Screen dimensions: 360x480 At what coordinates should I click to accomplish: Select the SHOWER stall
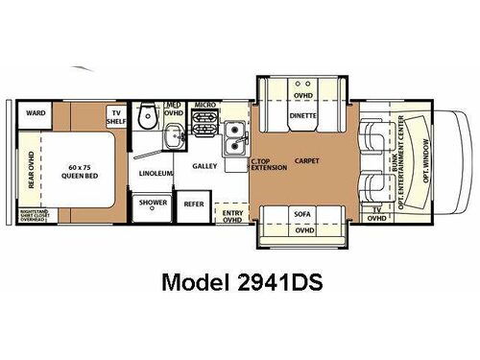[x=153, y=204]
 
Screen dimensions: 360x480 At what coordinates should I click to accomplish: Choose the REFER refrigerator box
[x=194, y=204]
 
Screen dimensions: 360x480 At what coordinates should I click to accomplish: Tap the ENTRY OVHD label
[x=231, y=216]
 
